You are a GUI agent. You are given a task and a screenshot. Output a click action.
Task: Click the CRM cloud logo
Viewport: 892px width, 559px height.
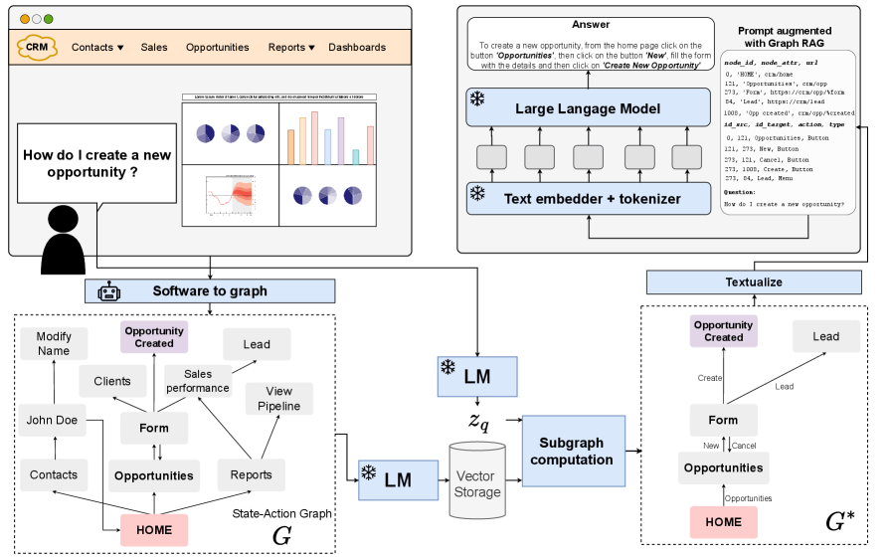(38, 47)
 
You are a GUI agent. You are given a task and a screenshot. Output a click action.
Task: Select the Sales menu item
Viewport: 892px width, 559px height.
(154, 47)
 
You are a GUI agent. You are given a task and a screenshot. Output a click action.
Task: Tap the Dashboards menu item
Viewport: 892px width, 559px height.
(357, 47)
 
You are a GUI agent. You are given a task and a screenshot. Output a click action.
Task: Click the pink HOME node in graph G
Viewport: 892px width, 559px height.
(154, 530)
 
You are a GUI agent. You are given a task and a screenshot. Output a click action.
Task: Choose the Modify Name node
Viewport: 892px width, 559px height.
(54, 344)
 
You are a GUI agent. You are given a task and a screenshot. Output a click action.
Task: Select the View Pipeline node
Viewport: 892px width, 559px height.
(279, 399)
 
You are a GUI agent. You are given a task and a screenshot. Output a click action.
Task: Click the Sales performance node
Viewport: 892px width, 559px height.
(197, 380)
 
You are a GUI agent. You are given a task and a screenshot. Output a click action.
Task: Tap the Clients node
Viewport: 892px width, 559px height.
(112, 380)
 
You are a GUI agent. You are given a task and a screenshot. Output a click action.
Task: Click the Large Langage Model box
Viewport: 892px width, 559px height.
(589, 107)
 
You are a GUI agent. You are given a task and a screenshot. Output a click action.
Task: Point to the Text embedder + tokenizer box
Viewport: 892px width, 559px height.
(589, 198)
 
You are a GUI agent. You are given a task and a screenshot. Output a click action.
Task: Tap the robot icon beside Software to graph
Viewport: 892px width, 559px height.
(108, 290)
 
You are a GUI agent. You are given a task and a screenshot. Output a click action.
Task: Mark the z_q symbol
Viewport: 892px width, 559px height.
(480, 420)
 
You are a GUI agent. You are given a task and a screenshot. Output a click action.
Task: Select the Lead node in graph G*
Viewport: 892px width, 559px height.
(826, 336)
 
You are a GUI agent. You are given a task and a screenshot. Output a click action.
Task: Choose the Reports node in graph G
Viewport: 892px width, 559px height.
(252, 474)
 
